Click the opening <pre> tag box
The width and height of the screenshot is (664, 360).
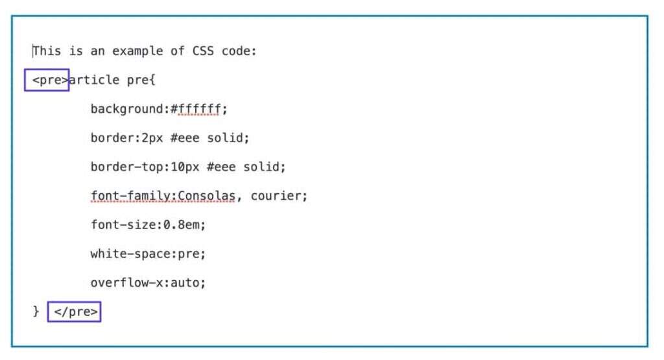pos(47,80)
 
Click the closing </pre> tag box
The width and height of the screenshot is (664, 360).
pos(74,312)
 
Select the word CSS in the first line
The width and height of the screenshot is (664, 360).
pos(203,51)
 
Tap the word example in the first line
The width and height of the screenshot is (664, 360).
pos(137,51)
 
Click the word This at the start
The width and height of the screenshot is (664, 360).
pos(47,51)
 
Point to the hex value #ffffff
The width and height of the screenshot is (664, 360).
pos(195,109)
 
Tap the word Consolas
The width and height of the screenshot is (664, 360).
pos(206,196)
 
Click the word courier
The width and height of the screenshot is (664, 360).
pos(276,196)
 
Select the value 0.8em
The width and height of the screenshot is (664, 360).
pos(181,224)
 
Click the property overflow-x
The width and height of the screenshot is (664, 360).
pos(126,283)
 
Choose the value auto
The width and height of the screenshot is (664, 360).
pos(184,283)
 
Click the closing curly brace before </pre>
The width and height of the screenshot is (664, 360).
pos(36,312)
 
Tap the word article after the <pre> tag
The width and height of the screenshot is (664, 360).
pos(94,80)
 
